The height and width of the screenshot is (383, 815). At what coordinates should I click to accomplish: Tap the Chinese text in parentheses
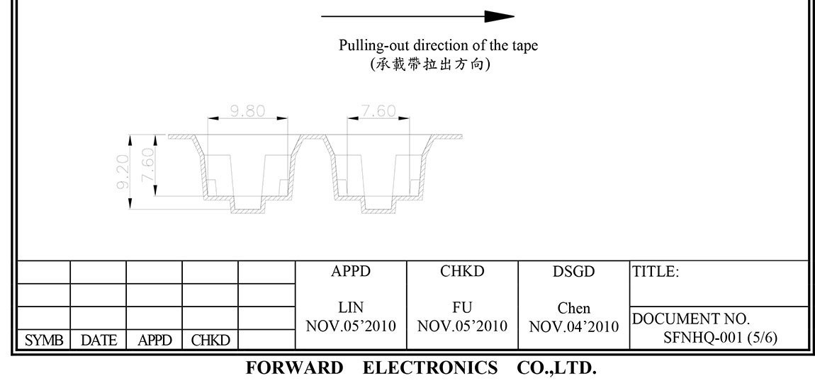coord(430,64)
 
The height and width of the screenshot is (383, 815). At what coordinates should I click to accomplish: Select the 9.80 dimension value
coord(247,111)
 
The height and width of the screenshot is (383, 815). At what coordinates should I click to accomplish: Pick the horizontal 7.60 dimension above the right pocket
coord(378,111)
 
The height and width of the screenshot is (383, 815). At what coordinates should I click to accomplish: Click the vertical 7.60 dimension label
coord(148,164)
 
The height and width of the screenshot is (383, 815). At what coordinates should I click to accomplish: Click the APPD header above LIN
coord(350,271)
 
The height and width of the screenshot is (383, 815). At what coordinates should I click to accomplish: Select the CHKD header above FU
coord(462,271)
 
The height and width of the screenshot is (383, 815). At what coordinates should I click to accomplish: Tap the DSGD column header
coord(573,271)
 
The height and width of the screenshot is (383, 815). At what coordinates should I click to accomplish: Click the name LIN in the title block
coord(350,308)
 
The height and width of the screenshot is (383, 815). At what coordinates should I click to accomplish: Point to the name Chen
coord(573,309)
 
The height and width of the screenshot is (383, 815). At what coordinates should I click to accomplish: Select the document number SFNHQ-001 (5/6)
coord(720,338)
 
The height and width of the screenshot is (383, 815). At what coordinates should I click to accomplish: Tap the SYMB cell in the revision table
coord(44,341)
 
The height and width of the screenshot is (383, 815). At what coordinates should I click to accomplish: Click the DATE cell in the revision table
coord(99,341)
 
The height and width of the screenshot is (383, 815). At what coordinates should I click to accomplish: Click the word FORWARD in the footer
coord(293,368)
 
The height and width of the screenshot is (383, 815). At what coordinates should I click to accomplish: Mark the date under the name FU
coord(462,326)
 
